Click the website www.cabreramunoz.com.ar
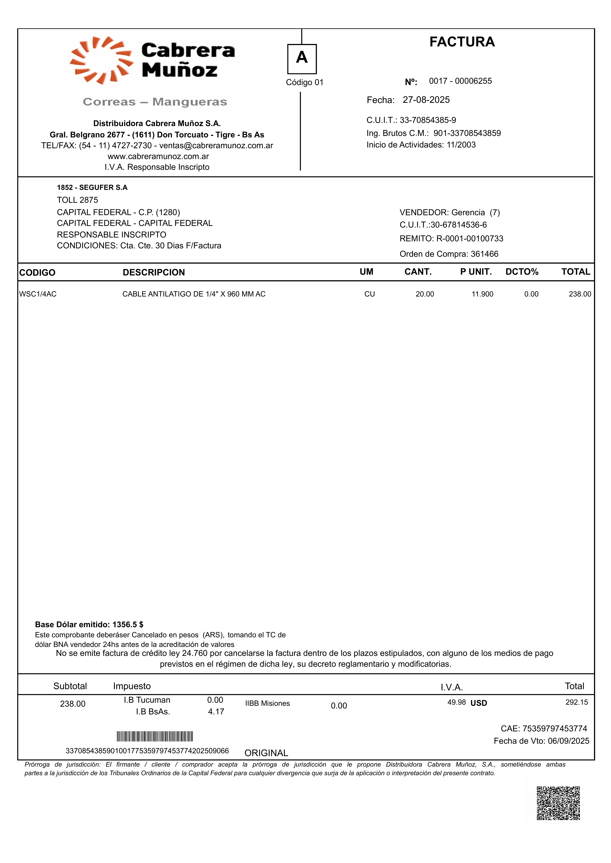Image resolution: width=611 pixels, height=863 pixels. click(158, 156)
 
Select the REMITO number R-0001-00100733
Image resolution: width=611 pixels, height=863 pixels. click(470, 239)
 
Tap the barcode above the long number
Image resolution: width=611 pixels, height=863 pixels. click(155, 736)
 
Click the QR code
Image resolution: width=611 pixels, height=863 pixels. click(558, 803)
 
